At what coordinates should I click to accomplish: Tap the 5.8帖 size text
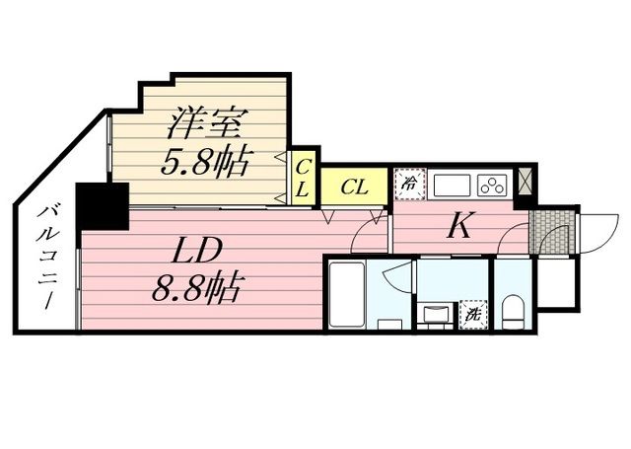point(204,162)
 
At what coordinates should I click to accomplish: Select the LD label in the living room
point(196,250)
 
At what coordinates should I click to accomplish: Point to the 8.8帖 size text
point(196,287)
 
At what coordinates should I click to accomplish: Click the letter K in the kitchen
point(459,226)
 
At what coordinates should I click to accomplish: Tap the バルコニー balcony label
point(47,258)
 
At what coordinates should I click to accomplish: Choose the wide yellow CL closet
point(354,187)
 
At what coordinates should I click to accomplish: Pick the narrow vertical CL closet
point(303,178)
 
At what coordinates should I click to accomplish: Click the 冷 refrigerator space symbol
point(410,184)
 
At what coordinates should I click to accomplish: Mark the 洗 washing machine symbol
point(473,314)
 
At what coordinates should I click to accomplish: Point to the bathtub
point(347,295)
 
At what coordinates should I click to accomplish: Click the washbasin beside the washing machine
point(436,314)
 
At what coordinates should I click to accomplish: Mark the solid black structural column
point(103,206)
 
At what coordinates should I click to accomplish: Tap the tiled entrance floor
point(552,232)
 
